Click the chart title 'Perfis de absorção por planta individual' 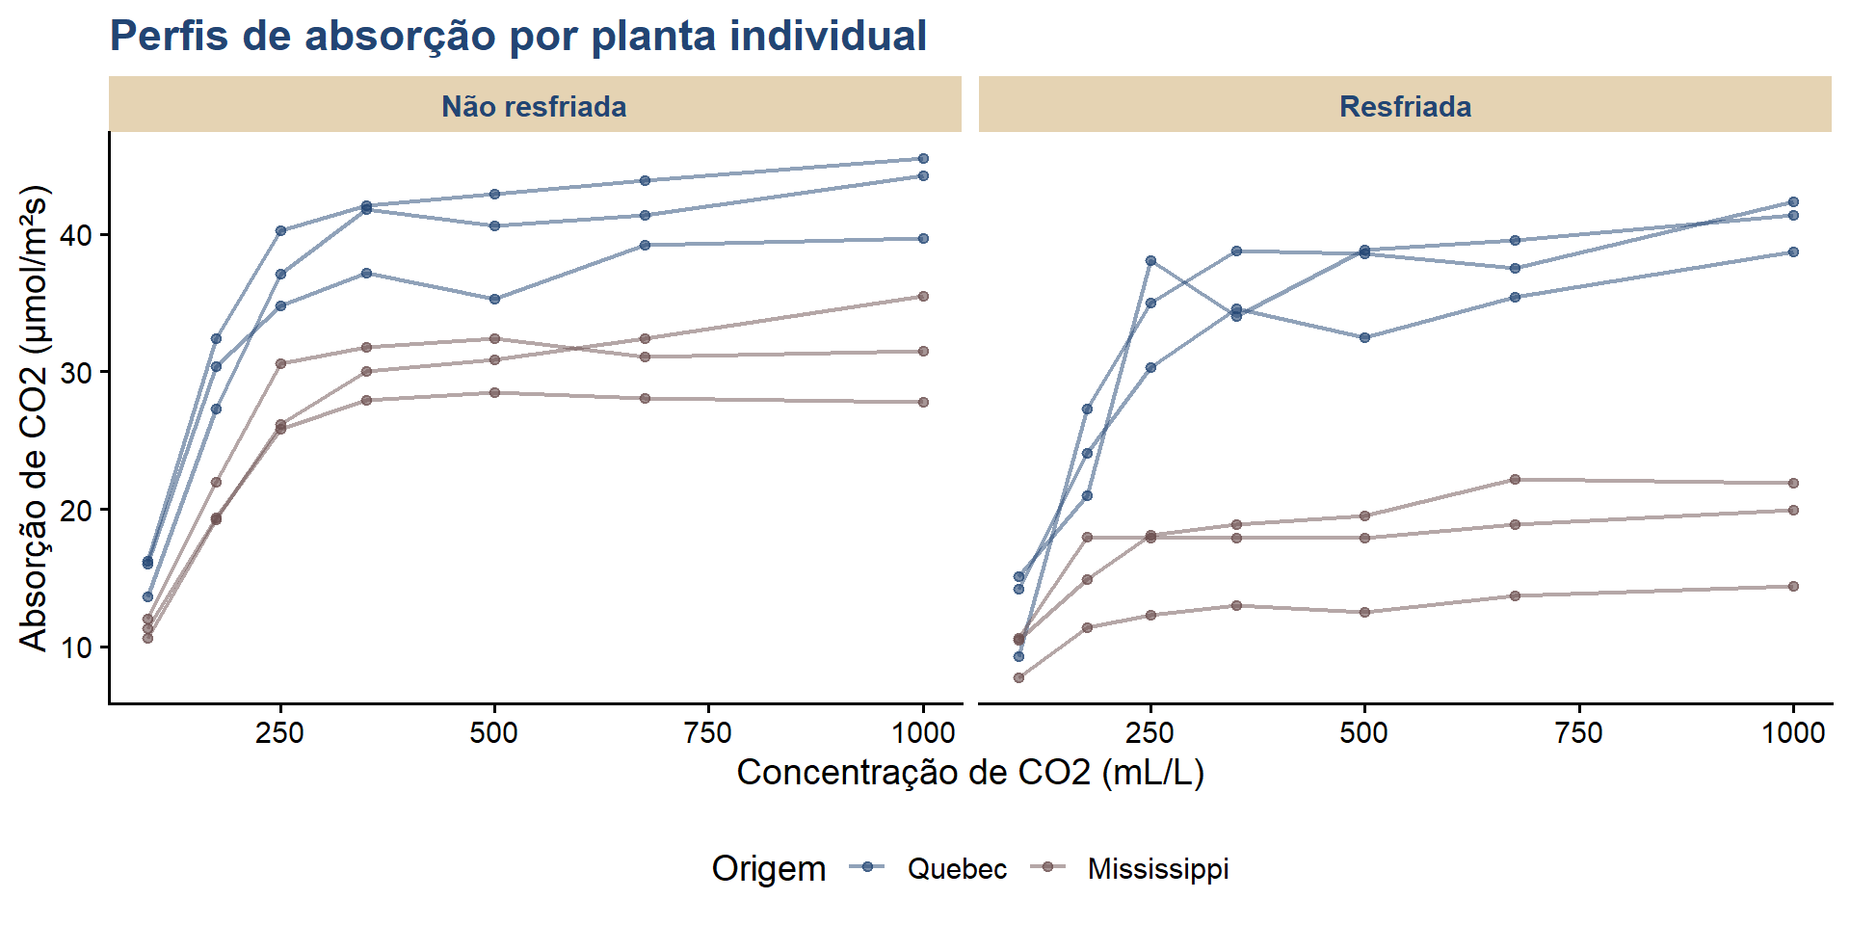pos(517,37)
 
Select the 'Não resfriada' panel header pos(534,106)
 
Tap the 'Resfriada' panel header pos(1405,106)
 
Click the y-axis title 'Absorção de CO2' pos(33,418)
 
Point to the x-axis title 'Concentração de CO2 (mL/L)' pos(969,773)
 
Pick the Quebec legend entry pos(956,869)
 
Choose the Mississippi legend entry pos(1157,869)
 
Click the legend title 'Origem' pos(768,869)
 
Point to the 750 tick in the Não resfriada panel pos(708,733)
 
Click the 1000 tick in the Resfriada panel pos(1793,733)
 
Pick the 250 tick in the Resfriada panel pos(1150,733)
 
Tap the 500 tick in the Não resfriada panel pos(493,733)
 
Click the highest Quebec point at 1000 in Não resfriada pos(923,158)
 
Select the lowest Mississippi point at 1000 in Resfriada pos(1793,586)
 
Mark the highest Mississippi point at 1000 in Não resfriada pos(923,296)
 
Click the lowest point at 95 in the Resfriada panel pos(1018,677)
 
